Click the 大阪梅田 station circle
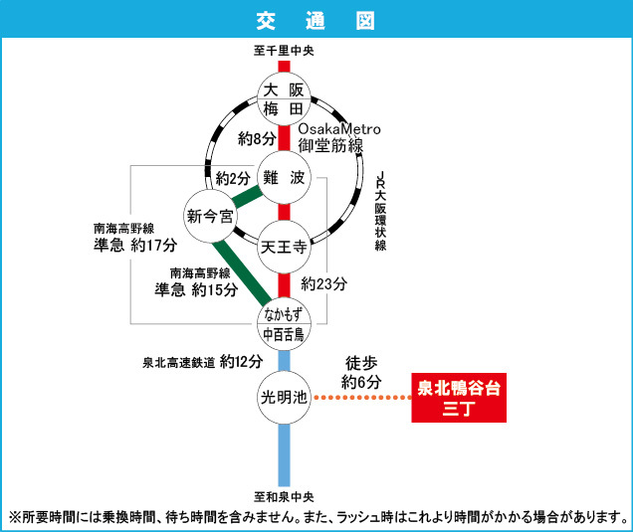click(x=284, y=98)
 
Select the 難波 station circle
click(x=284, y=178)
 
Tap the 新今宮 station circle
click(x=211, y=215)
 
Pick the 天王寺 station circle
click(x=284, y=245)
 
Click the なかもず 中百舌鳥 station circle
click(x=284, y=324)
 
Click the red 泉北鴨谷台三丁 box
click(x=459, y=398)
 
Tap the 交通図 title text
click(x=316, y=20)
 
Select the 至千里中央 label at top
click(x=284, y=51)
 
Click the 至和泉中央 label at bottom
click(x=284, y=495)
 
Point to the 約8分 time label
click(x=256, y=137)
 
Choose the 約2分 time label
click(x=234, y=179)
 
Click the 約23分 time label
click(x=323, y=283)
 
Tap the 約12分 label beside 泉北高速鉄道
click(x=241, y=360)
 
